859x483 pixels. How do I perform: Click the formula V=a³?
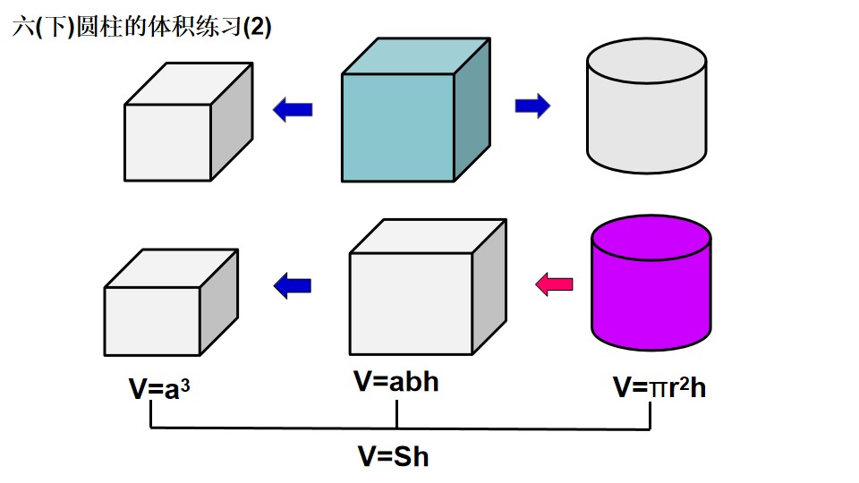tap(159, 389)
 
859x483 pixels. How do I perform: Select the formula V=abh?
tap(396, 381)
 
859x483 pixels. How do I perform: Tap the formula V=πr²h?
tap(659, 387)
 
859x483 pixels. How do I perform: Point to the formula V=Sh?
tap(394, 456)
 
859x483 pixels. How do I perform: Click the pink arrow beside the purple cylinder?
tap(554, 284)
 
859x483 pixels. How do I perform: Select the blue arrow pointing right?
tap(532, 106)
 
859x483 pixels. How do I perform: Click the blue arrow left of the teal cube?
tap(293, 109)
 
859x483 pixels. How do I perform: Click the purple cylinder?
tap(651, 283)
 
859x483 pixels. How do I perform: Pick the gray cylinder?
tap(646, 106)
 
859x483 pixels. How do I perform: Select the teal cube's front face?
tap(398, 128)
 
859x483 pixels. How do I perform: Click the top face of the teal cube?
tap(416, 55)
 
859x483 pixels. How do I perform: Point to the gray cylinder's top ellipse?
tap(646, 60)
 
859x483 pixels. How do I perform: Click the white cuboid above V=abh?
tap(428, 287)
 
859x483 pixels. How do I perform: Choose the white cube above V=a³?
tap(171, 302)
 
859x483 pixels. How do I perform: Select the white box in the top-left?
tap(189, 122)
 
